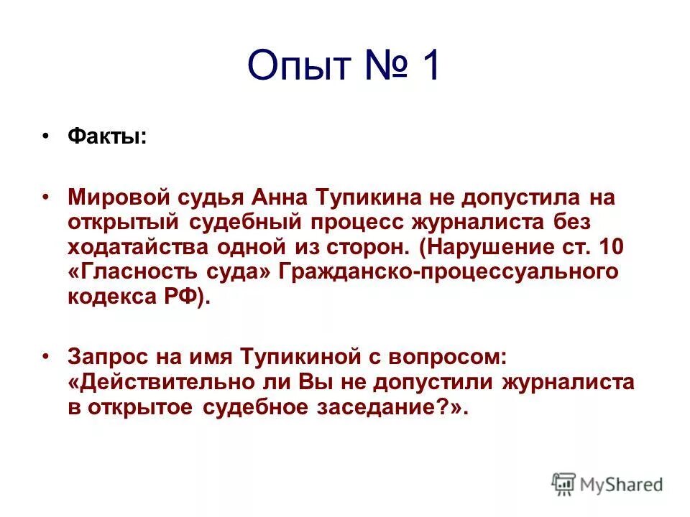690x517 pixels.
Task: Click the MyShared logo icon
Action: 563,484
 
